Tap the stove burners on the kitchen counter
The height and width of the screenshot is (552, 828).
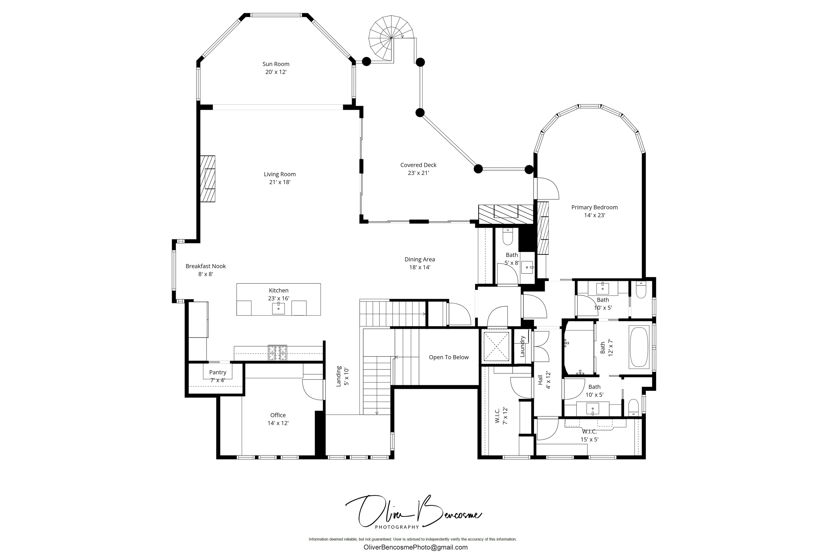click(277, 353)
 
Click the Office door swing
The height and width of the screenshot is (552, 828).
click(313, 390)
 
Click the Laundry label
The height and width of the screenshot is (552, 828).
click(522, 346)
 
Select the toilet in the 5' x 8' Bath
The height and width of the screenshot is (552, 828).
click(508, 237)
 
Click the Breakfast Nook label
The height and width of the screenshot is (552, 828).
click(206, 266)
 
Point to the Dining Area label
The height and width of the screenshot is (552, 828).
click(420, 260)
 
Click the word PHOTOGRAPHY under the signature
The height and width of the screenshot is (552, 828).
click(397, 527)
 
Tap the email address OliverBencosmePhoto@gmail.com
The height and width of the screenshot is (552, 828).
click(415, 547)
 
